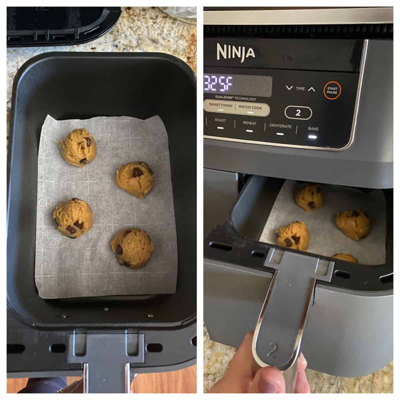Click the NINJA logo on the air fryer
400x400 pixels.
point(236,52)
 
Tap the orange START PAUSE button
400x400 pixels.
point(332,90)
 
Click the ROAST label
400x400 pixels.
point(220,120)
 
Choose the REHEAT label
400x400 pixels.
point(249,123)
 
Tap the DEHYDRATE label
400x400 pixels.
point(280,126)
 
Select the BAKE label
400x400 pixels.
point(313,129)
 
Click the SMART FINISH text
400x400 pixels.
point(221,105)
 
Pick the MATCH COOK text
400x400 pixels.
point(250,107)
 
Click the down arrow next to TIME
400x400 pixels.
point(289,88)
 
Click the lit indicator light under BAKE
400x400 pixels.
point(312,136)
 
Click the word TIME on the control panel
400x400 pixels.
point(300,89)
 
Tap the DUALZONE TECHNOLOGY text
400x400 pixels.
point(236,99)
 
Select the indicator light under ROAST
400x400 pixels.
point(220,128)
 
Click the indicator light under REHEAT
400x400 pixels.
point(249,131)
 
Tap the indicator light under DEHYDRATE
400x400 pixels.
point(280,134)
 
